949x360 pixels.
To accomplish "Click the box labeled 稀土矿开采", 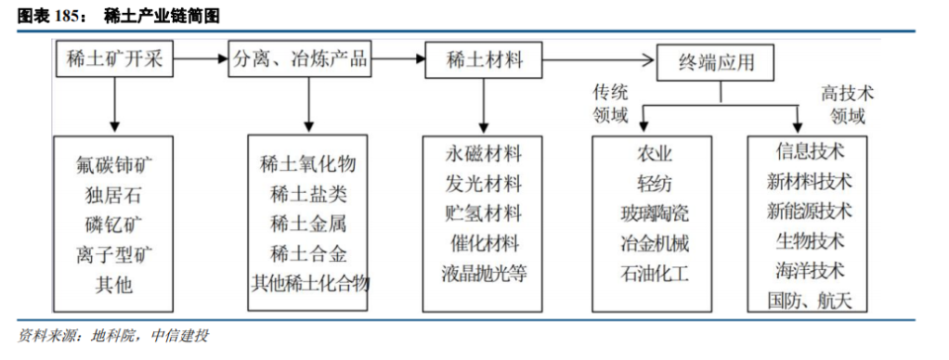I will (117, 60).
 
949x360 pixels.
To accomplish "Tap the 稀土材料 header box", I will (484, 60).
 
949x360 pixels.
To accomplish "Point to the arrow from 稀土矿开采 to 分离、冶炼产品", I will (202, 60).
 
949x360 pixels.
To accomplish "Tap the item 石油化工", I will (654, 271).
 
